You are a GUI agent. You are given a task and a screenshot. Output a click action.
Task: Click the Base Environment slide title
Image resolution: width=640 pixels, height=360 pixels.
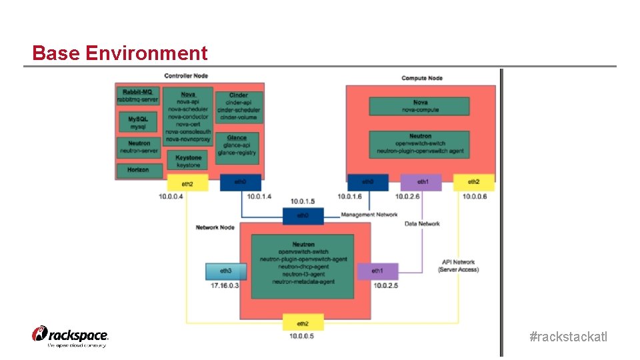tap(120, 53)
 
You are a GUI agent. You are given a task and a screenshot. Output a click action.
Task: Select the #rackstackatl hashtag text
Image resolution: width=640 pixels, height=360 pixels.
tap(568, 337)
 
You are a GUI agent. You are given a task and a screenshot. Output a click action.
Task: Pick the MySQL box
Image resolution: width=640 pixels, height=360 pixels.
tap(138, 122)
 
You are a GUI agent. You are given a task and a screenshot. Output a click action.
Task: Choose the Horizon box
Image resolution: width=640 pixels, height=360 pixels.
tap(138, 170)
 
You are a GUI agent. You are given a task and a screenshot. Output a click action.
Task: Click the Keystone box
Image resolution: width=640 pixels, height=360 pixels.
tap(188, 161)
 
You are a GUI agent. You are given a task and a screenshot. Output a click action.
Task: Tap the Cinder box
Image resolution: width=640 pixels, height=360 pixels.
tap(239, 107)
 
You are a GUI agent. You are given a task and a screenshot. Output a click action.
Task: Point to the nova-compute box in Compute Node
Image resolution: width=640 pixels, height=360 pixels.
tap(420, 106)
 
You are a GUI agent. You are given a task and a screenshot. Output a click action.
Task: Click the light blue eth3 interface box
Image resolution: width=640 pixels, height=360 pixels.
tap(226, 271)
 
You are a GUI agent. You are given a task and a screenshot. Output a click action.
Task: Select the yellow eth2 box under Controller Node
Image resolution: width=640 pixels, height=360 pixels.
tap(187, 183)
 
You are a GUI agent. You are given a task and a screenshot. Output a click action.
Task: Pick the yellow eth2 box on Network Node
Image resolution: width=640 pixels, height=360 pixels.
tap(303, 323)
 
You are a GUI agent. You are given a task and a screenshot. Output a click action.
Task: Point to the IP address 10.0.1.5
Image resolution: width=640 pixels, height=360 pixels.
tap(303, 201)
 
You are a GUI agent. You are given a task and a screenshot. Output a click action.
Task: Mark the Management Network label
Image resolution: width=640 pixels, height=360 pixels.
tap(369, 215)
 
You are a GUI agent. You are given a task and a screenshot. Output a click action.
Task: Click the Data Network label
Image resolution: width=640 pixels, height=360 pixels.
tap(422, 224)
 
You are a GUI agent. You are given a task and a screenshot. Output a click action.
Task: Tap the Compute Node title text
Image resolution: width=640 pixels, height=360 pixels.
tap(422, 79)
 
